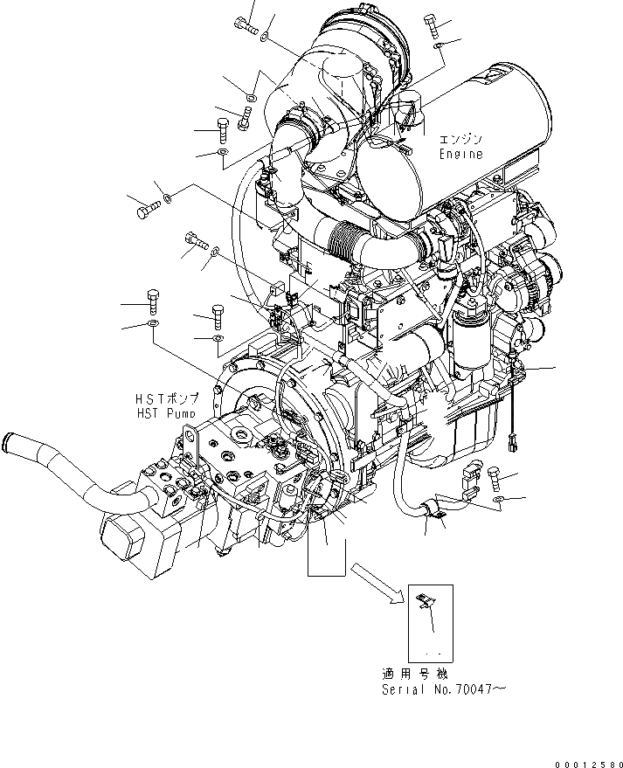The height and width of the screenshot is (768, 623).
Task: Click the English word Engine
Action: coord(460,154)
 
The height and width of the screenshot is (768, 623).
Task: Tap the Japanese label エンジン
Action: coord(460,139)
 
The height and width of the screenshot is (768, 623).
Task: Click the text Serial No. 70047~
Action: coord(443,688)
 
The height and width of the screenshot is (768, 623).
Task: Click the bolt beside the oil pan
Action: coord(494,475)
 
